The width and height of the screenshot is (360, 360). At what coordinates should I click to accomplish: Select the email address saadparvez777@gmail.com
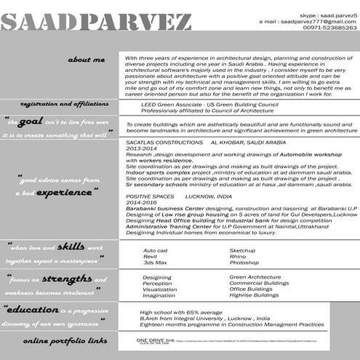click(x=315, y=21)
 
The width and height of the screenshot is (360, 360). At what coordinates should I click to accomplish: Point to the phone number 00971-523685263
click(x=330, y=28)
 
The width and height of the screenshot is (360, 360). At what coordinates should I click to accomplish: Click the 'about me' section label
click(x=85, y=59)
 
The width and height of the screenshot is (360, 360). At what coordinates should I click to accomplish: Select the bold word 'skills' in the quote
click(x=70, y=247)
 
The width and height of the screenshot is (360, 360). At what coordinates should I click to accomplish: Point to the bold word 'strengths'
click(x=66, y=279)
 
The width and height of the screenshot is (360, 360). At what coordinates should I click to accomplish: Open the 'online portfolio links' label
click(x=65, y=340)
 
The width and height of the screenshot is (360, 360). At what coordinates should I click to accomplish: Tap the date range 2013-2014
click(x=141, y=149)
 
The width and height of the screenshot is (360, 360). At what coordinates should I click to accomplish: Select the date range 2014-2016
click(x=141, y=202)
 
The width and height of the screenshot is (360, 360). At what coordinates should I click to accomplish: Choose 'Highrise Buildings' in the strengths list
click(x=254, y=295)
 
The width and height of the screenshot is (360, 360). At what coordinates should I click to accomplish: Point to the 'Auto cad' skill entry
click(x=155, y=250)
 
